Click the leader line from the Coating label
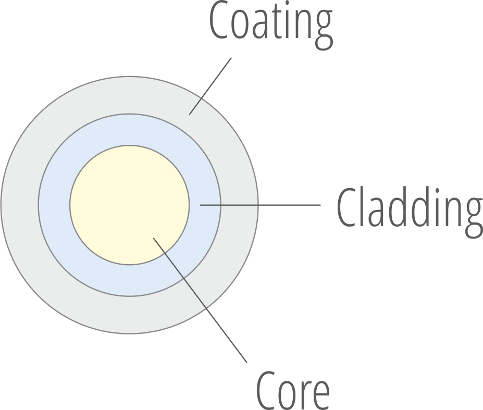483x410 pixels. [210, 86]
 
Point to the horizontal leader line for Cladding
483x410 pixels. [261, 205]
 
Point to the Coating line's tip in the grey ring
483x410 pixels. [190, 114]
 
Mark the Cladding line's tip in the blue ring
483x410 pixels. [201, 205]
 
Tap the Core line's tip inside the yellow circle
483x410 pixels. [154, 238]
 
